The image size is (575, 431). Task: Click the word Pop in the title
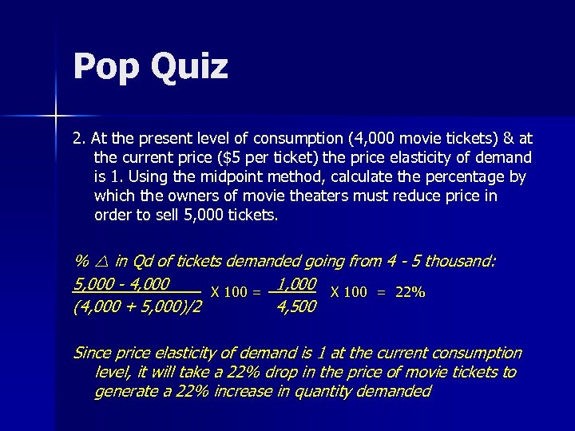click(x=102, y=66)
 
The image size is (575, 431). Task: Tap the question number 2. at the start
click(x=79, y=138)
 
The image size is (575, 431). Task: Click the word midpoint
click(x=208, y=177)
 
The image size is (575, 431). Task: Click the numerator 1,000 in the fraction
click(x=296, y=283)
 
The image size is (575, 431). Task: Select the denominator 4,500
click(x=295, y=306)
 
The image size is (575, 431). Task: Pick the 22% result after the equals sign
click(x=410, y=292)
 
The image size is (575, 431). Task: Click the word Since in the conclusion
click(x=93, y=353)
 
